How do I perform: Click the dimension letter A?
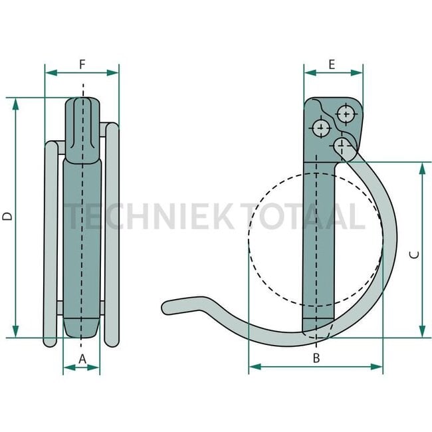[82, 358]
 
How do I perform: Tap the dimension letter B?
[316, 358]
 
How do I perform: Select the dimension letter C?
[413, 254]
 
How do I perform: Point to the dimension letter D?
[7, 217]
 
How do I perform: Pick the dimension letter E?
[332, 64]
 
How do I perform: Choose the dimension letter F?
[82, 64]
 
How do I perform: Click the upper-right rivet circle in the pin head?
[346, 113]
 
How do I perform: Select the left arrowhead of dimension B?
[252, 366]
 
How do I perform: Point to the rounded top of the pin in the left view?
[83, 103]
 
